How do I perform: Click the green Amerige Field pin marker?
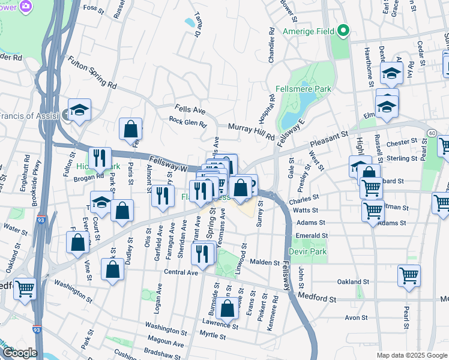click(343, 30)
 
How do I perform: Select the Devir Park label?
click(307, 251)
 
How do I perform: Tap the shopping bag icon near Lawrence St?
click(228, 309)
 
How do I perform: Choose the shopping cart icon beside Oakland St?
click(409, 275)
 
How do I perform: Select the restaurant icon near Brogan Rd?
click(100, 158)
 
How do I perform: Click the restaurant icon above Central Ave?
click(202, 253)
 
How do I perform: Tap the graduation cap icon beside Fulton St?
click(79, 110)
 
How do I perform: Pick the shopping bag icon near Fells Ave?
click(130, 128)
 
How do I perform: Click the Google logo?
click(19, 353)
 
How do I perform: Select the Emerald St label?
click(312, 236)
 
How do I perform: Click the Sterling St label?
click(401, 159)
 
